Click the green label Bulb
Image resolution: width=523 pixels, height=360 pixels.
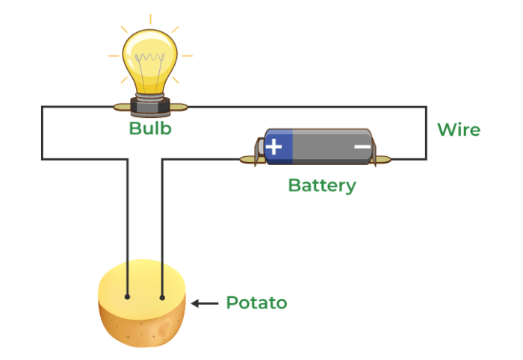click(x=150, y=128)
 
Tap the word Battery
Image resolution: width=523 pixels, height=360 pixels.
click(x=322, y=184)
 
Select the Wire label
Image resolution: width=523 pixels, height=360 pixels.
click(x=458, y=130)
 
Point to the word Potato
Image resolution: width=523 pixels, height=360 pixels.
click(x=256, y=302)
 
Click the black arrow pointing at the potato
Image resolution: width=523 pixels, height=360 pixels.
click(x=203, y=302)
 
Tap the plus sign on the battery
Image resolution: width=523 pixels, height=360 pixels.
click(x=275, y=146)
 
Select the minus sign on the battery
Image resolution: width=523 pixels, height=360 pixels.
click(x=362, y=146)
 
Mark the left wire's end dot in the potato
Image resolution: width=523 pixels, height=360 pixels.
click(x=128, y=297)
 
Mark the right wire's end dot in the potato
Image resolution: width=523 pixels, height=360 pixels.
click(x=162, y=297)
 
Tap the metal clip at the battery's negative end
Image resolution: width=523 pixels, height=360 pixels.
click(x=381, y=158)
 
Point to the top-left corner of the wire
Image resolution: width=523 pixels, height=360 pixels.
click(x=42, y=107)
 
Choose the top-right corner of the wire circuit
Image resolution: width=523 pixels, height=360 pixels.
click(x=426, y=107)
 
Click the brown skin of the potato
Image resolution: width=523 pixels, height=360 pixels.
click(x=142, y=329)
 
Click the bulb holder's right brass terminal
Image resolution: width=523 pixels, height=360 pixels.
click(x=179, y=107)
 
